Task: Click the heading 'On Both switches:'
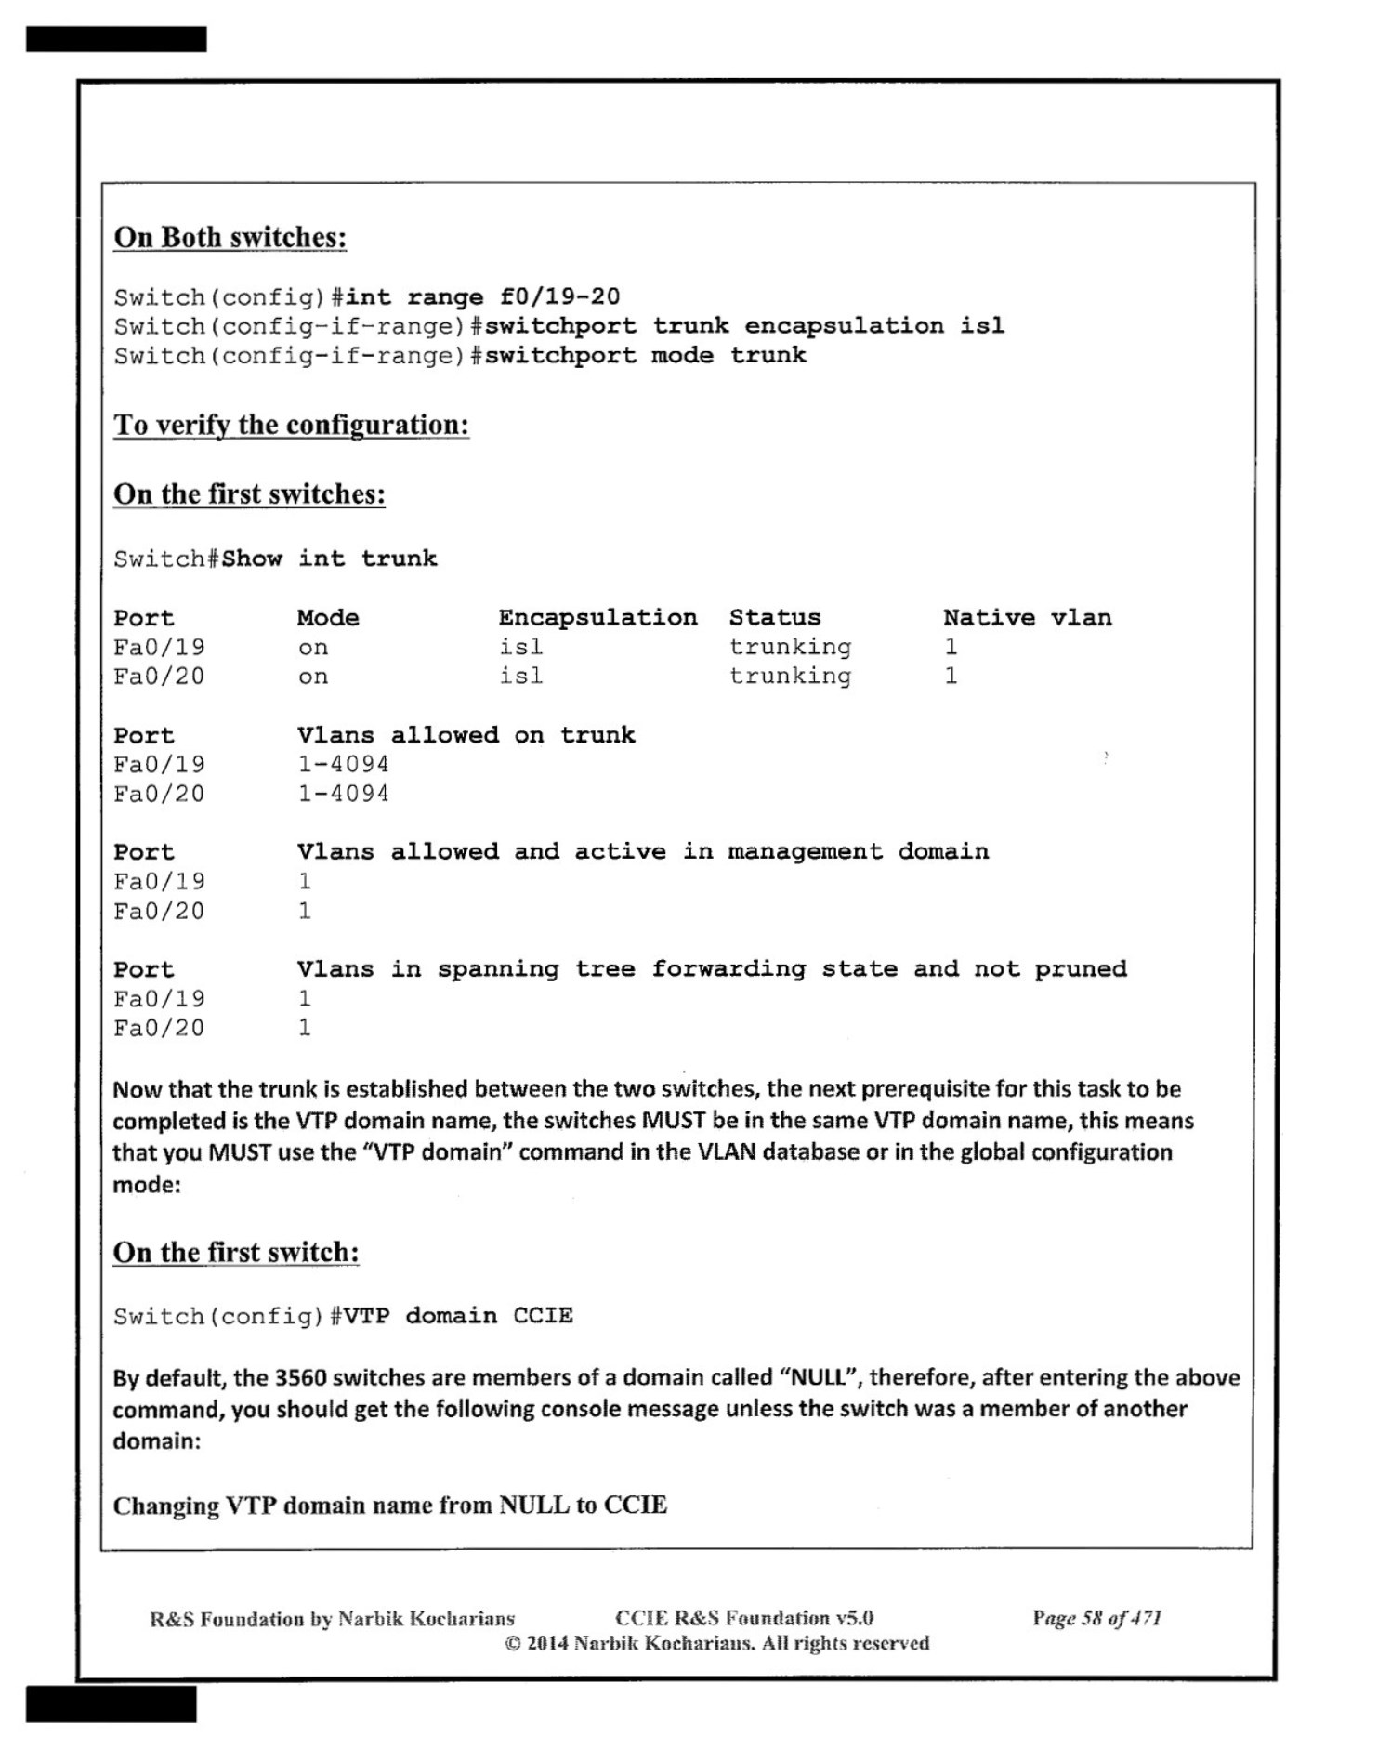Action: [230, 238]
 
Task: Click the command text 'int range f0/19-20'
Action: [482, 297]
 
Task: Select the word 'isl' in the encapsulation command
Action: [982, 326]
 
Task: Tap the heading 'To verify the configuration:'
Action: [291, 426]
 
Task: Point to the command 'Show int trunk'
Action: [329, 559]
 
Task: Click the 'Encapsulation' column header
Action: [597, 618]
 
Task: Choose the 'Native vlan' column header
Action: [1027, 618]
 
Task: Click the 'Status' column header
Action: [775, 618]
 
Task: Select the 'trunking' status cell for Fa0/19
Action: [790, 648]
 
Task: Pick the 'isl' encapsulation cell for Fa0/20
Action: [520, 677]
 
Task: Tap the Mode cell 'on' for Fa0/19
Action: [312, 648]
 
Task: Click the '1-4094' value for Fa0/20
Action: [343, 794]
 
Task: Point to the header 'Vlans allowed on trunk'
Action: [466, 735]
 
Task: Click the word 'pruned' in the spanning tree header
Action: [1081, 969]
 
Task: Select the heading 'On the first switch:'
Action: [236, 1253]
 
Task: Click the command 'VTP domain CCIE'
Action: [458, 1316]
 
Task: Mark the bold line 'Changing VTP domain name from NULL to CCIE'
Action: [389, 1506]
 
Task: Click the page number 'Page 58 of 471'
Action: [1096, 1618]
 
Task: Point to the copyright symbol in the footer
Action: [513, 1644]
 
